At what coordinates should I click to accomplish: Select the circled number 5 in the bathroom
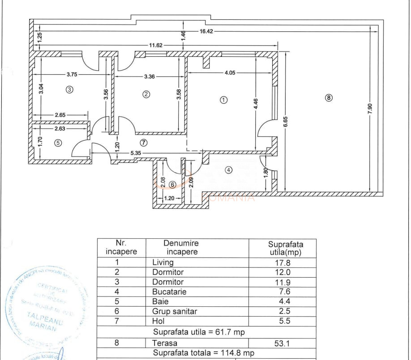click(x=57, y=143)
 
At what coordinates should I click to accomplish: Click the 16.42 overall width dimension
click(x=208, y=31)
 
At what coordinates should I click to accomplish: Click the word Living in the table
click(x=163, y=263)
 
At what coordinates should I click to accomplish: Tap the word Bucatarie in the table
click(x=169, y=292)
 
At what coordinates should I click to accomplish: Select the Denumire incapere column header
click(x=181, y=247)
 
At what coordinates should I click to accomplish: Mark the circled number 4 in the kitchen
click(x=229, y=170)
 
